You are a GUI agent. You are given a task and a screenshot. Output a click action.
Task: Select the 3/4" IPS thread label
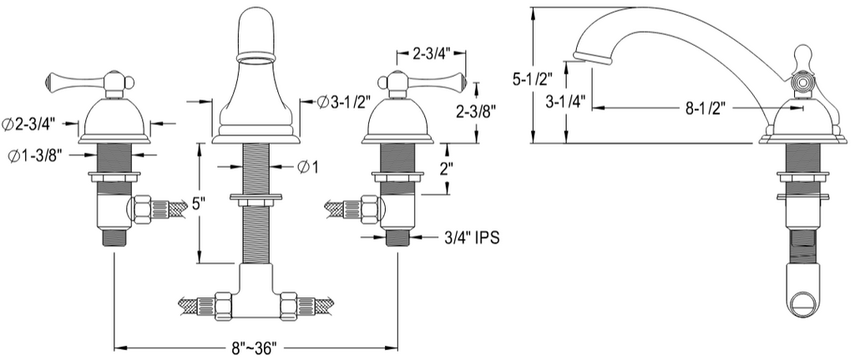tap(473, 238)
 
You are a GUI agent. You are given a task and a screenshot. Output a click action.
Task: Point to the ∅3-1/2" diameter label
tap(345, 103)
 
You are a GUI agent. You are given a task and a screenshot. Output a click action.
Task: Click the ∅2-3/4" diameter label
tap(30, 124)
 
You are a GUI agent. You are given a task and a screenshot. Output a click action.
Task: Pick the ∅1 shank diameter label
tap(308, 167)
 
